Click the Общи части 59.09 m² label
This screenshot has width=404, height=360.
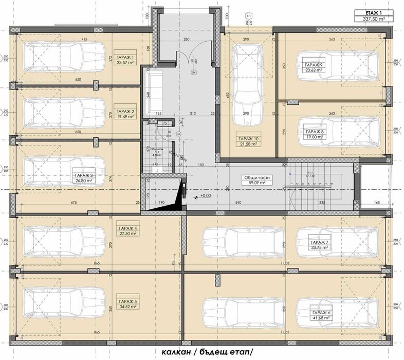(257, 179)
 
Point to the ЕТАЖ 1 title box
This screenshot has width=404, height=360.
(370, 16)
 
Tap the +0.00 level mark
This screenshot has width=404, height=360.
(205, 196)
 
